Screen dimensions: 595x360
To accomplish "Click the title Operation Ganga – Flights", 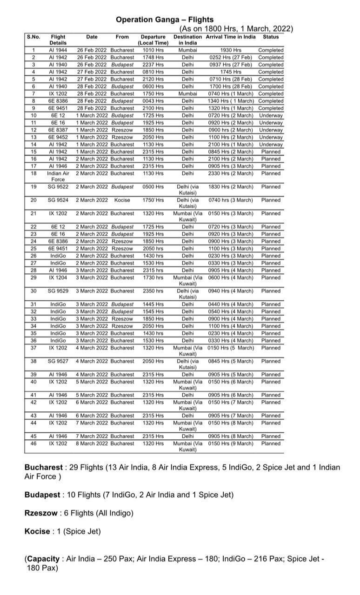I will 165,20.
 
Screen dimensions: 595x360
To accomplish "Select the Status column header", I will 271,37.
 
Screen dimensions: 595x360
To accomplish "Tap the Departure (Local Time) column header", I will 153,40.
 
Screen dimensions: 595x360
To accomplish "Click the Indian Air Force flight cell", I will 58,176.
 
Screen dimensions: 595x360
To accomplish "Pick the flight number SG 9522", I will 58,187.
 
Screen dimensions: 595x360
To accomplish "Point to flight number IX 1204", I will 58,278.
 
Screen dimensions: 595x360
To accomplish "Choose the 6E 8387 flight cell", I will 58,130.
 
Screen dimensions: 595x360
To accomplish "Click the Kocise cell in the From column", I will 122,200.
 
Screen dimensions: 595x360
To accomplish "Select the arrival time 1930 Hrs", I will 231,50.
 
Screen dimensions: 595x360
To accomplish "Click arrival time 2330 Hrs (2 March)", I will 231,173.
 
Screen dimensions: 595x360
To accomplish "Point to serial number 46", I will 33,443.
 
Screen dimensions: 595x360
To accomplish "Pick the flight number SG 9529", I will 58,291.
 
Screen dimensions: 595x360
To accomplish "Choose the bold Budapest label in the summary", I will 42,495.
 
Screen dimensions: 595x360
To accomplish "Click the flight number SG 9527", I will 58,361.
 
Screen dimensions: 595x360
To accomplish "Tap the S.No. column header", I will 33,37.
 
